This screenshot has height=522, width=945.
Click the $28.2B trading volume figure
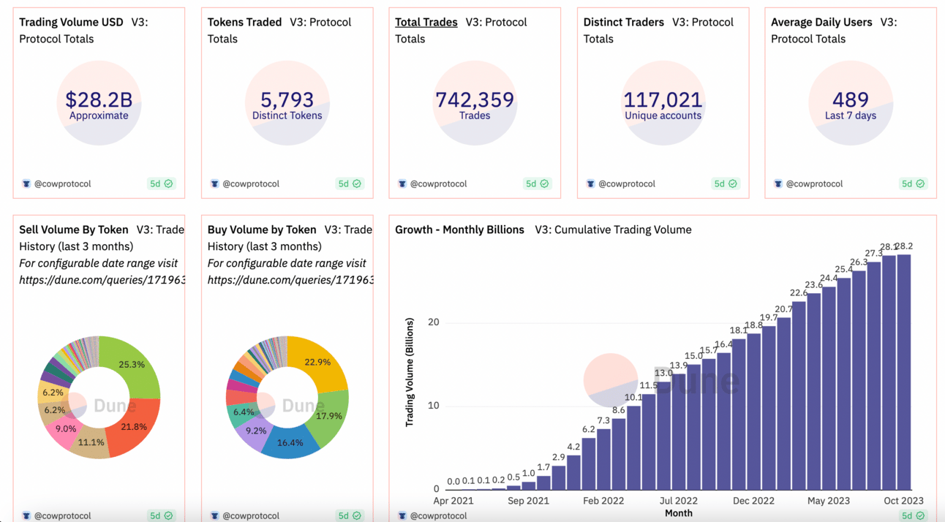(x=98, y=99)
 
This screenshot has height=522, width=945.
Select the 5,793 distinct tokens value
(x=287, y=99)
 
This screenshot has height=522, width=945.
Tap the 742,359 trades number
(x=475, y=99)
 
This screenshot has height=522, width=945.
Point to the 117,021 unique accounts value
(x=663, y=99)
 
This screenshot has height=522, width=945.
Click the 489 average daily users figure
(x=850, y=99)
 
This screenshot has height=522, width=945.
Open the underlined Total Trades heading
(x=426, y=22)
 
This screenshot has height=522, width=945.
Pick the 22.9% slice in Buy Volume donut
(x=317, y=363)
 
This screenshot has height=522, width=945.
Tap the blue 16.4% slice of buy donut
(x=290, y=442)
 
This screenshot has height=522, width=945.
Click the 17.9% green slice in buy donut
(x=328, y=416)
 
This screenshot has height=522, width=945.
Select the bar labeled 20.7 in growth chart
(x=783, y=403)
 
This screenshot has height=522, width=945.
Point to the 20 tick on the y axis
(x=434, y=322)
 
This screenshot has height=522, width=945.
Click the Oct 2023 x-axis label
(x=903, y=501)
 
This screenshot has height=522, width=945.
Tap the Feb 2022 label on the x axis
(x=603, y=501)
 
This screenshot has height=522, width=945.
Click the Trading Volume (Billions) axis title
(x=410, y=372)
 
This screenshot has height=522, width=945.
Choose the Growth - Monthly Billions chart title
(x=459, y=230)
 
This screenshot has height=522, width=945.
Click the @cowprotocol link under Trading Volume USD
(x=62, y=184)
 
